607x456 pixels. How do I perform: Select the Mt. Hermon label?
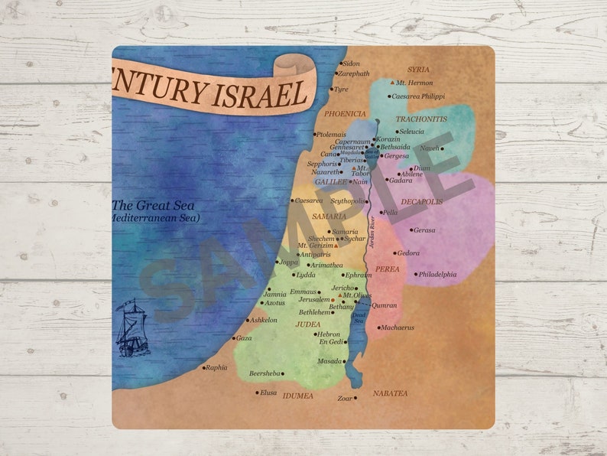coord(414,83)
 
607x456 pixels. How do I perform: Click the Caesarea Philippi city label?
coord(418,96)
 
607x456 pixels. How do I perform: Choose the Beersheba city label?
coord(265,374)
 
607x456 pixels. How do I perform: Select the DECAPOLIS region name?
coord(421,202)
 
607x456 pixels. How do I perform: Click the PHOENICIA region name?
coord(345,113)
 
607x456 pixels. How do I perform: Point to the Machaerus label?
coord(398,327)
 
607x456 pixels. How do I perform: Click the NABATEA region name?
coord(390,393)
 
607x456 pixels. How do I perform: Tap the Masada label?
coord(329,360)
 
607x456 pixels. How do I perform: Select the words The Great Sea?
coord(153,205)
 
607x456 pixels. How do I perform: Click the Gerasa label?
coord(424,230)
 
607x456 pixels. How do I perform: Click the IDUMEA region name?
coord(298,396)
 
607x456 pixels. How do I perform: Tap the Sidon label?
coord(351,64)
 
